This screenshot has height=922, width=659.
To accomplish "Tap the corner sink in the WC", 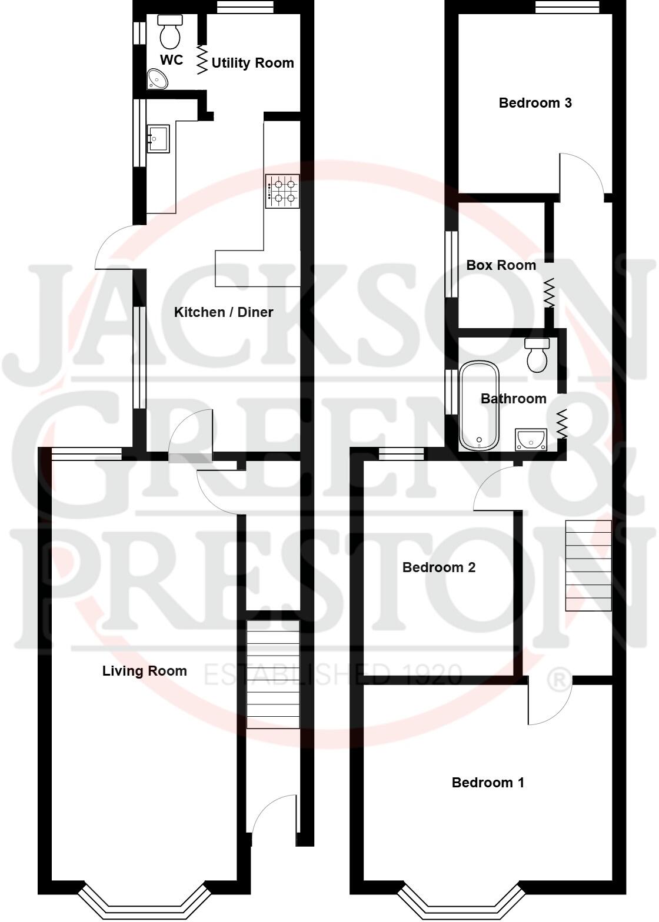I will tap(157, 79).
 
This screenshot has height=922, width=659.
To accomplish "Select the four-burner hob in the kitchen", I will tap(283, 191).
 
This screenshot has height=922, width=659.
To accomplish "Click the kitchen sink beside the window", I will tap(158, 139).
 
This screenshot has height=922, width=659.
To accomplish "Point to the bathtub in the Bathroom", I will tap(480, 406).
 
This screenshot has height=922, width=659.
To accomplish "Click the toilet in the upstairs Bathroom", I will tap(537, 355).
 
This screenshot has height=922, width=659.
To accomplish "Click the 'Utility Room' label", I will tap(252, 63).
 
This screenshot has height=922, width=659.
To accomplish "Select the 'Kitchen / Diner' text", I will tap(224, 312).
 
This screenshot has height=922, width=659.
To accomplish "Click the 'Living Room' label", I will tap(144, 671).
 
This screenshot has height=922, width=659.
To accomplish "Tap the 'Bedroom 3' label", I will tap(535, 103).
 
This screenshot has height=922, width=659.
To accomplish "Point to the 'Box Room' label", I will tap(501, 265).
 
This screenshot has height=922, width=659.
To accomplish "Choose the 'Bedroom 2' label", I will tap(438, 567).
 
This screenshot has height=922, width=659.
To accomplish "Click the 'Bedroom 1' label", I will tap(488, 783).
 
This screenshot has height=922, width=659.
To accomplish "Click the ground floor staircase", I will tap(272, 675).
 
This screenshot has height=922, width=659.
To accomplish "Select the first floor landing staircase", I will tap(588, 565).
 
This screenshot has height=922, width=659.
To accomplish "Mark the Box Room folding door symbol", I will tap(549, 292).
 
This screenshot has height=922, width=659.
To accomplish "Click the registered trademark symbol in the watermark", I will tap(558, 680).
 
